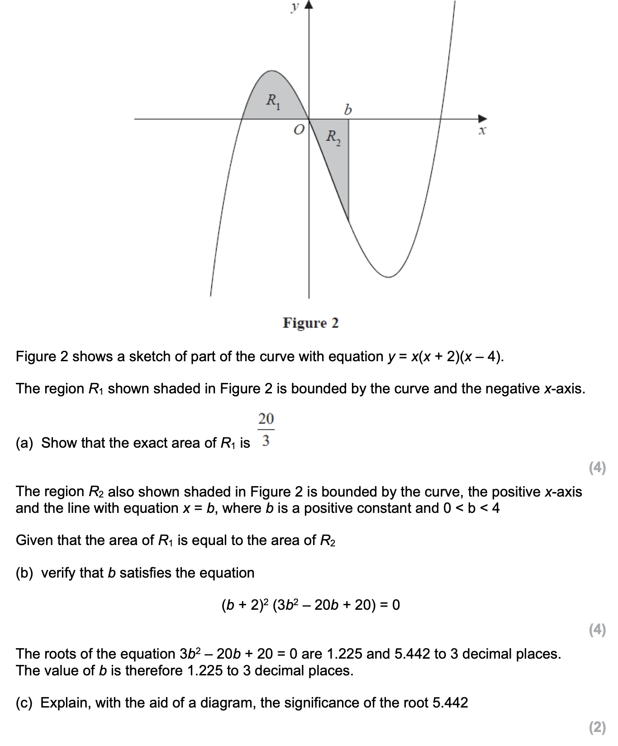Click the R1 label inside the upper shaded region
pos(273,101)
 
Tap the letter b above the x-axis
pos(347,109)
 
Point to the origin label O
pos(298,130)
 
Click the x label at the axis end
pos(482,131)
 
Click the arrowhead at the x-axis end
pos(484,119)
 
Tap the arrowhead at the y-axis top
pos(309,5)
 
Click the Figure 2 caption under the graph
pos(310,323)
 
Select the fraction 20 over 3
pos(266,429)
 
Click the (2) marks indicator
pos(597,727)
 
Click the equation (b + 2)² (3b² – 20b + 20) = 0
pos(310,605)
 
